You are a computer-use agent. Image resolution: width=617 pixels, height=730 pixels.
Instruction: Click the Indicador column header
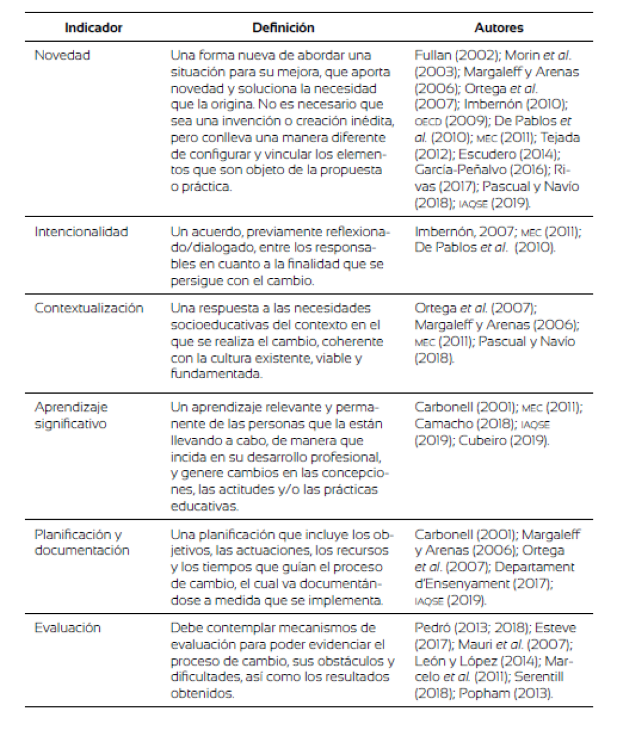click(x=93, y=28)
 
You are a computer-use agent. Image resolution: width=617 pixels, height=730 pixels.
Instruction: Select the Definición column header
click(x=283, y=28)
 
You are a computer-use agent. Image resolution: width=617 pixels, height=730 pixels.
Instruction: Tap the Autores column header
click(x=499, y=28)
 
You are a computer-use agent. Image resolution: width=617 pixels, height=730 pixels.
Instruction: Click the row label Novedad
click(x=63, y=55)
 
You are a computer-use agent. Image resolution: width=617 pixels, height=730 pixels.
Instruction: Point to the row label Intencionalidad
click(x=81, y=231)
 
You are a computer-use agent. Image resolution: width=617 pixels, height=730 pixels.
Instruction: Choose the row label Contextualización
click(x=89, y=308)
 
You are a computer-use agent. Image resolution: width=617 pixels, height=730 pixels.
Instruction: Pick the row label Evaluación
click(x=68, y=627)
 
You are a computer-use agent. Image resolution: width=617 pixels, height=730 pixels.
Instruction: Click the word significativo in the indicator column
click(x=71, y=424)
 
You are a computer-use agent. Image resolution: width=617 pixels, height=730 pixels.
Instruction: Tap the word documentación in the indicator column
click(x=82, y=550)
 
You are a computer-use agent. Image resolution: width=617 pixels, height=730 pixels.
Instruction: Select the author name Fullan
click(x=433, y=55)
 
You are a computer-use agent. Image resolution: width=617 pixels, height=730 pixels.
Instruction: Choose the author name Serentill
click(x=539, y=677)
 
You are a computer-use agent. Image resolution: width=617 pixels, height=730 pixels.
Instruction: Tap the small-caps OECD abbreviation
click(x=428, y=121)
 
